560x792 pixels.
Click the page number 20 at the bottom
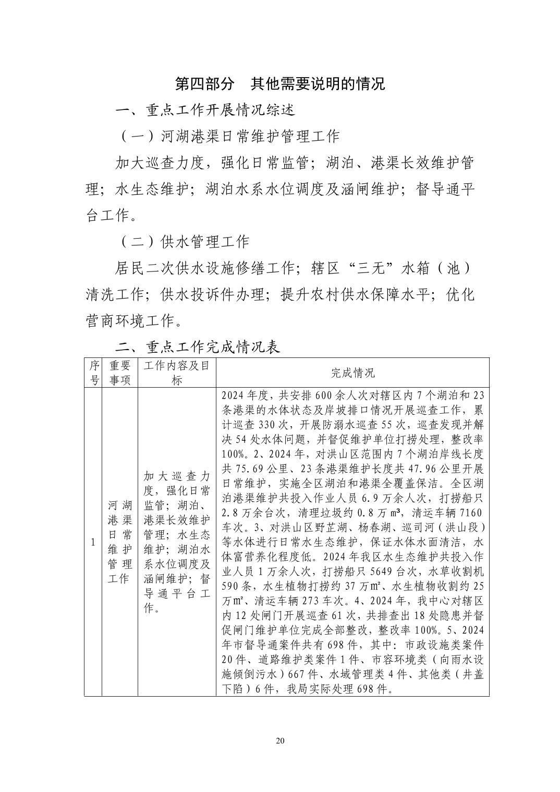(x=280, y=741)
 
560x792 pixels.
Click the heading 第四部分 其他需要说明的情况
(x=280, y=84)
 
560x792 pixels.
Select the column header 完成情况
(x=352, y=373)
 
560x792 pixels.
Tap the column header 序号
(x=93, y=373)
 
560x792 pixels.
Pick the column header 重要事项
(x=119, y=373)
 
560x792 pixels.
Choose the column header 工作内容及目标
(x=177, y=373)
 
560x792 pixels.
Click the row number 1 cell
(x=93, y=542)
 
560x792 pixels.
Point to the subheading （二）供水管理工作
(x=185, y=241)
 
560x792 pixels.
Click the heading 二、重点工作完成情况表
(x=198, y=347)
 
